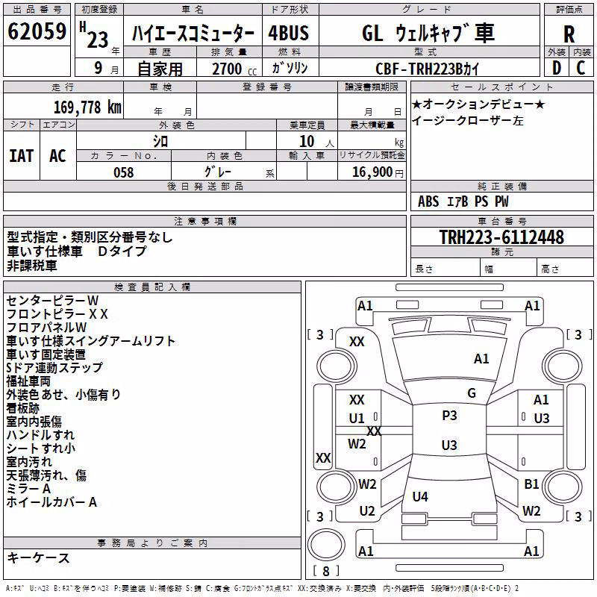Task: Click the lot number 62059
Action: tap(37, 31)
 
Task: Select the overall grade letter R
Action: tap(569, 34)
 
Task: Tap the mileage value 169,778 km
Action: tap(87, 107)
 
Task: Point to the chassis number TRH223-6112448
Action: tap(501, 237)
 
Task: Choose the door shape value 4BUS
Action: tap(289, 33)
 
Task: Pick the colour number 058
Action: tap(124, 172)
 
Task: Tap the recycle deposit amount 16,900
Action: tap(372, 172)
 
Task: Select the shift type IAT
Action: tap(22, 156)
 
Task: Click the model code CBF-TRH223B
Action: tap(419, 69)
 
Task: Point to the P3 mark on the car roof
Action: tap(449, 415)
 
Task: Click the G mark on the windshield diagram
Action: tap(472, 393)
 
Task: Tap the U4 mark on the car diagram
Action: tap(420, 496)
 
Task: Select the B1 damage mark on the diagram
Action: tap(531, 484)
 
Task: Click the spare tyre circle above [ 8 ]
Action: tap(326, 545)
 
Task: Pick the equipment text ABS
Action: tap(428, 201)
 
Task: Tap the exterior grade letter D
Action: tap(557, 68)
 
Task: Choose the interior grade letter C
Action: tap(581, 68)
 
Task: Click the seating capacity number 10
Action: tap(307, 142)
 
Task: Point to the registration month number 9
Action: tap(99, 68)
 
